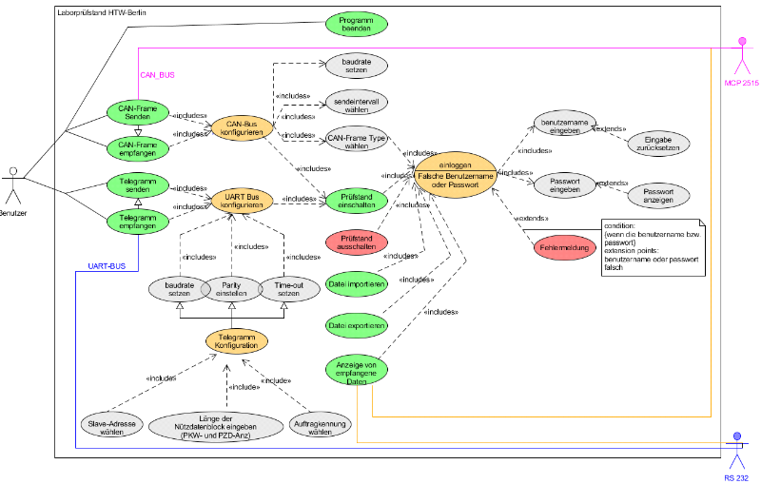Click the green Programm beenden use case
tap(358, 24)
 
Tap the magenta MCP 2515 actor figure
tap(742, 56)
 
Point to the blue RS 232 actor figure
tap(734, 451)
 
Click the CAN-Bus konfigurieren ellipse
tap(241, 129)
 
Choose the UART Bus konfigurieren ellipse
tap(242, 201)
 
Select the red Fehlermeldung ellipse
tap(564, 244)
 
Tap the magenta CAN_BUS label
tap(158, 74)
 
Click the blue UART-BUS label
tap(107, 266)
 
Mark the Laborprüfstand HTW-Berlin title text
tap(101, 12)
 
